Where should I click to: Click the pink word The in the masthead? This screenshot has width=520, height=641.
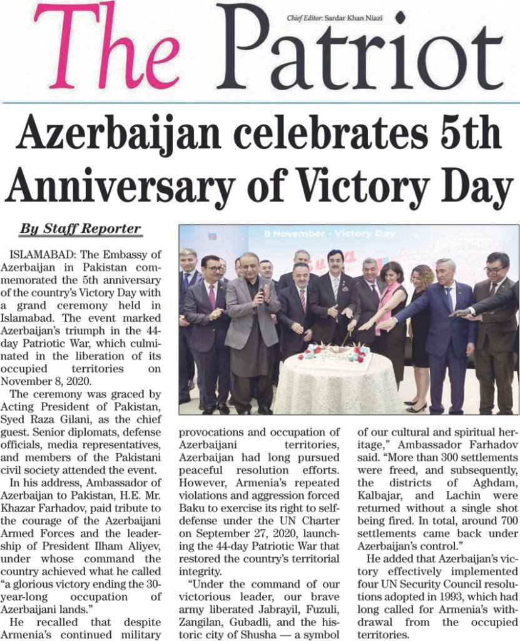106,47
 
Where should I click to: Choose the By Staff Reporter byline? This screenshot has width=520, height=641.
80,228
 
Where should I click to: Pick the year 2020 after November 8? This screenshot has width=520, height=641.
94,382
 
